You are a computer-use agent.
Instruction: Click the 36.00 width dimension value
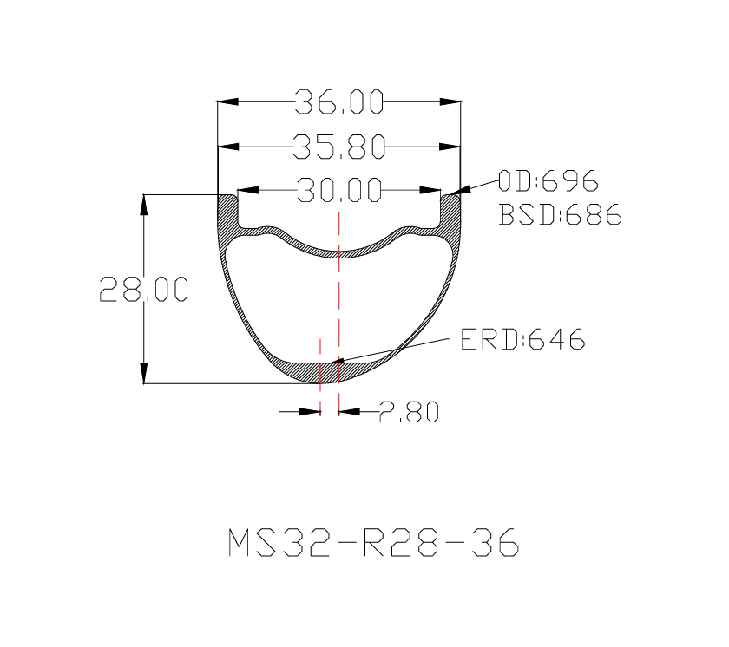click(339, 101)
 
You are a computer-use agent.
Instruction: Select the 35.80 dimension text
click(339, 147)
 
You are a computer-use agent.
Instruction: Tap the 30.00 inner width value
click(339, 189)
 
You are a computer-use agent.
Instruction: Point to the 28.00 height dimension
click(144, 289)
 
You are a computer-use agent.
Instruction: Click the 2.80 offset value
click(409, 411)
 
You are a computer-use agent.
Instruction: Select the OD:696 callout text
click(548, 180)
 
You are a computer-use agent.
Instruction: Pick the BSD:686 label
click(561, 214)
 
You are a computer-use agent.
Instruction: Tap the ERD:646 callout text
click(522, 339)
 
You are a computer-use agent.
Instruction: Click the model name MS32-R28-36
click(373, 542)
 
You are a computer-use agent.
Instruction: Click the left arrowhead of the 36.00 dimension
click(227, 101)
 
